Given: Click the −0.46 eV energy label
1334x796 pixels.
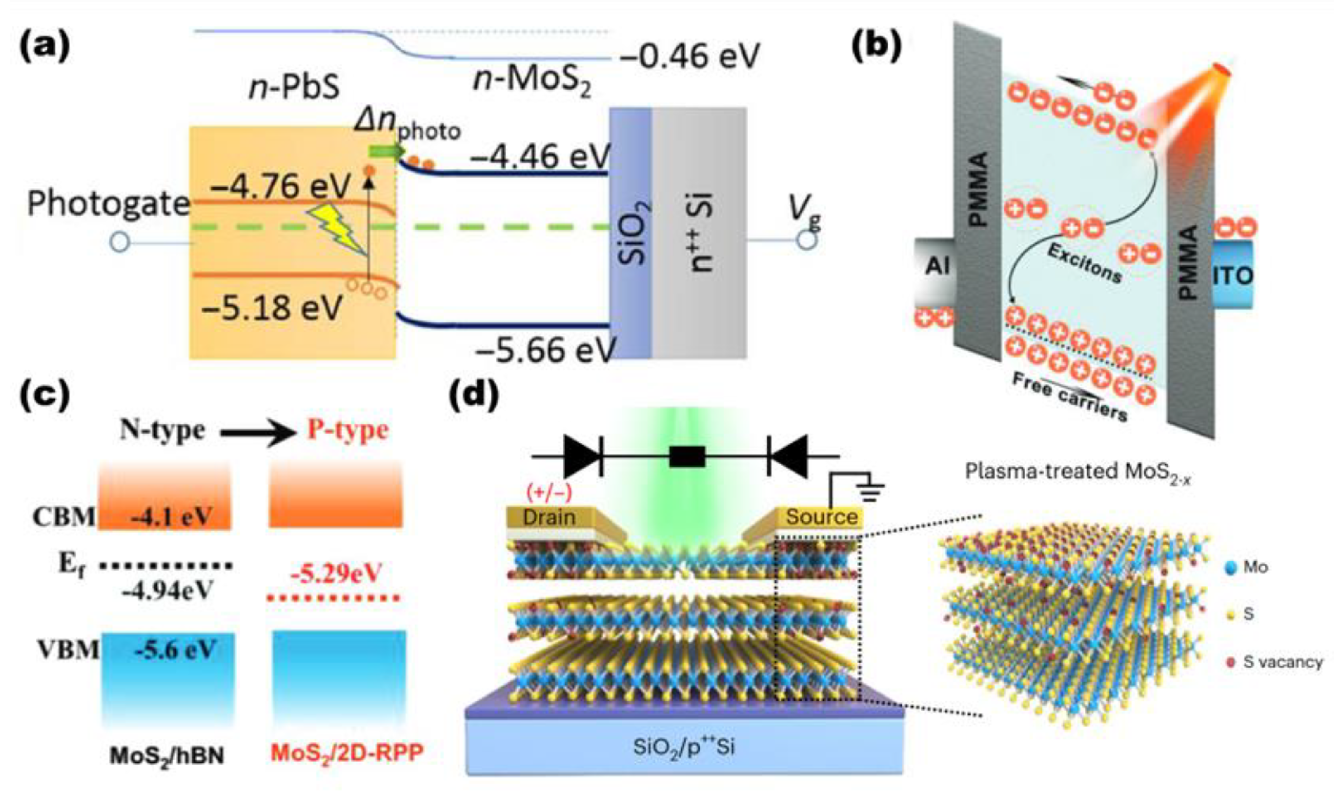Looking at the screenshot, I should click(690, 55).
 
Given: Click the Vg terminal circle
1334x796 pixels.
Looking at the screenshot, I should click(806, 240).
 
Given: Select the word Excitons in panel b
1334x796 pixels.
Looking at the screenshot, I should click(1084, 263).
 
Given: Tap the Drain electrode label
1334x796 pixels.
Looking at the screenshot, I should click(548, 517).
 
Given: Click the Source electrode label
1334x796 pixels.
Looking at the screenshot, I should click(821, 517).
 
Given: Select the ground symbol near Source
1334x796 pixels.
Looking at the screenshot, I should click(868, 490).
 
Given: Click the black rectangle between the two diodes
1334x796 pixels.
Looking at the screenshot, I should click(686, 457).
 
